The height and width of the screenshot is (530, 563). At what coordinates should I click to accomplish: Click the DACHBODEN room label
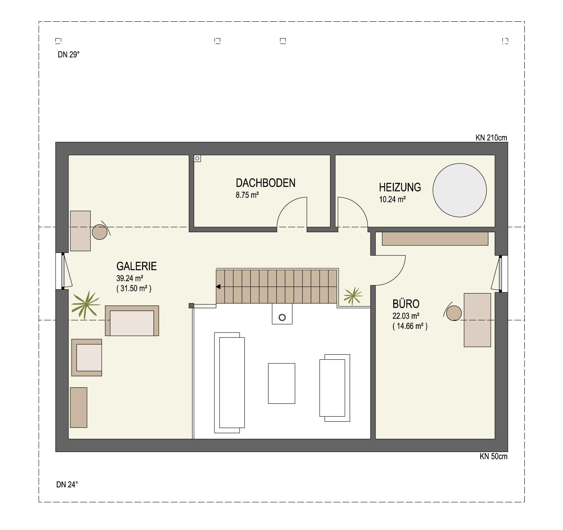265,183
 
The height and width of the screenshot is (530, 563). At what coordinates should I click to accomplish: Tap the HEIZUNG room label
400,187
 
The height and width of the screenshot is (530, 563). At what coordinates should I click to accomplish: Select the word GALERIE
136,266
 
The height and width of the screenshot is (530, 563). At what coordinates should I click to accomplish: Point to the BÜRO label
406,304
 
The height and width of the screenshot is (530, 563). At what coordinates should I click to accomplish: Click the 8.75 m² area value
247,195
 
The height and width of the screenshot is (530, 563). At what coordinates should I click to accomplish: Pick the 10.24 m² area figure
392,199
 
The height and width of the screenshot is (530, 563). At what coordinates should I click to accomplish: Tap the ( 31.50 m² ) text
134,288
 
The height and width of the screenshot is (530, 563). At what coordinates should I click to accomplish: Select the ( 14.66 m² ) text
410,326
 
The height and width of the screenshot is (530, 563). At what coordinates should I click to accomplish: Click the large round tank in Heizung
459,190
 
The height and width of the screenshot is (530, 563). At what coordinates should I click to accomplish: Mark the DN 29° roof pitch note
69,55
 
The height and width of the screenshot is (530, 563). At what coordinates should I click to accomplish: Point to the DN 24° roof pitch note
67,485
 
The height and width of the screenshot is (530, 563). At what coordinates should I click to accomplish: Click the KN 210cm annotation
491,138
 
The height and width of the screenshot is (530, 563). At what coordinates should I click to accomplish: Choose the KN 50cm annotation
493,456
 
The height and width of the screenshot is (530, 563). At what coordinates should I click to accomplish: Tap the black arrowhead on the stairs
218,286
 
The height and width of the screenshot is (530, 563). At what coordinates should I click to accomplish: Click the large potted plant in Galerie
86,305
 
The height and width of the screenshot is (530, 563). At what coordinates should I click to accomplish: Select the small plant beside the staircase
352,296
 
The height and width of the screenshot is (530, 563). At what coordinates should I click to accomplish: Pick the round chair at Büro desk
454,313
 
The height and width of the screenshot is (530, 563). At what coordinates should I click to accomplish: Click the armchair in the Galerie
87,358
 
